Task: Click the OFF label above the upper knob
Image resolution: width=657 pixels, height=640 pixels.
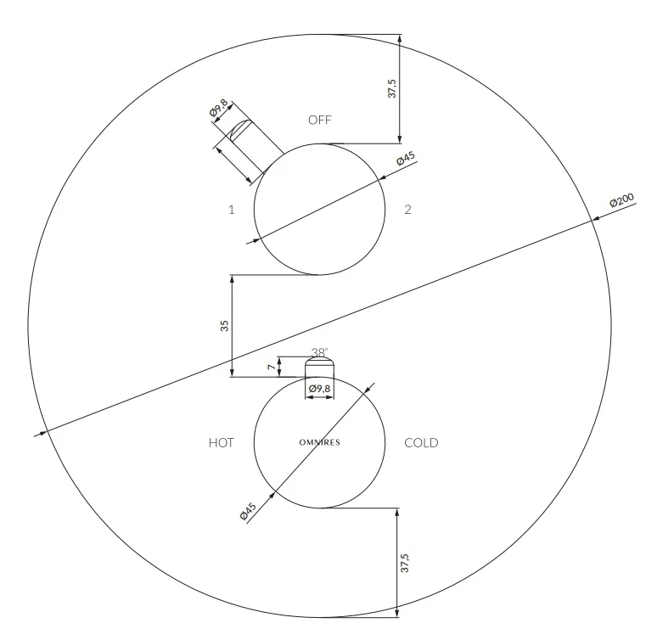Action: (x=320, y=121)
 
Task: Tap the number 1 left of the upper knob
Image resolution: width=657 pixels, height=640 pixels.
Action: (x=231, y=210)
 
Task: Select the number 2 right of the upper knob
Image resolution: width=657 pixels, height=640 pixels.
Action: (x=407, y=210)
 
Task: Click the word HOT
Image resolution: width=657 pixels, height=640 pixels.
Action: (x=222, y=442)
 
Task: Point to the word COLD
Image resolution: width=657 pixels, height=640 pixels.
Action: (x=421, y=442)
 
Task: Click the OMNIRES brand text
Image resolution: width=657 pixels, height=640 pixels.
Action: (x=320, y=442)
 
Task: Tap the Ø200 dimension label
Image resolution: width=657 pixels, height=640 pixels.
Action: (x=622, y=200)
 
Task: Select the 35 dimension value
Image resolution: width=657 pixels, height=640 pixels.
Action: (x=225, y=326)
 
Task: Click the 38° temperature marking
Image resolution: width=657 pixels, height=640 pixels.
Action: (x=320, y=352)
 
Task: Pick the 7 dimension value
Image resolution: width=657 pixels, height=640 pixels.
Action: (x=272, y=367)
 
